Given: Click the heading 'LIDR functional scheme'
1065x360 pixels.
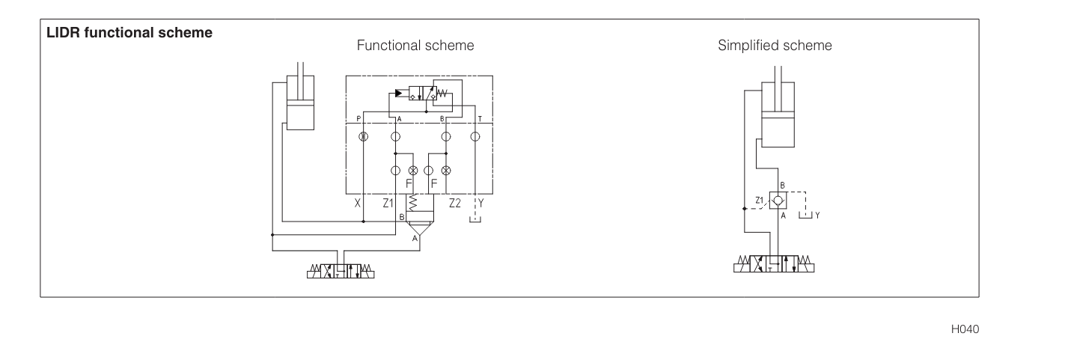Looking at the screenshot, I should pyautogui.click(x=129, y=34).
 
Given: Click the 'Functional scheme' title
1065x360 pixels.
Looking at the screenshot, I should pyautogui.click(x=415, y=46).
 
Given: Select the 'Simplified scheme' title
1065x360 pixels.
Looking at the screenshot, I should pyautogui.click(x=775, y=46).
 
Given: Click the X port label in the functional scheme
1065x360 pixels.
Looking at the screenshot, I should pyautogui.click(x=358, y=203).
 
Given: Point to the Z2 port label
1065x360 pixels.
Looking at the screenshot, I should pyautogui.click(x=455, y=203).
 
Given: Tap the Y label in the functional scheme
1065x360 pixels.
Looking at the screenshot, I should pyautogui.click(x=481, y=203).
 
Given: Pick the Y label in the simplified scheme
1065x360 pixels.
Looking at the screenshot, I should pyautogui.click(x=818, y=215).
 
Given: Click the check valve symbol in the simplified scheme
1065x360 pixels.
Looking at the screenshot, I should pyautogui.click(x=779, y=201).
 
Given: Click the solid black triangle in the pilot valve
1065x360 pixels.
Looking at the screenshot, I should pyautogui.click(x=398, y=94).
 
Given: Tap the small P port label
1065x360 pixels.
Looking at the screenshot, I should pyautogui.click(x=358, y=119).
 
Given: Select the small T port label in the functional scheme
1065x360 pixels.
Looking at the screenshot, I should pyautogui.click(x=479, y=119).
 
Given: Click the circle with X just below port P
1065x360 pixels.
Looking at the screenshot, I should pyautogui.click(x=363, y=136).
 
